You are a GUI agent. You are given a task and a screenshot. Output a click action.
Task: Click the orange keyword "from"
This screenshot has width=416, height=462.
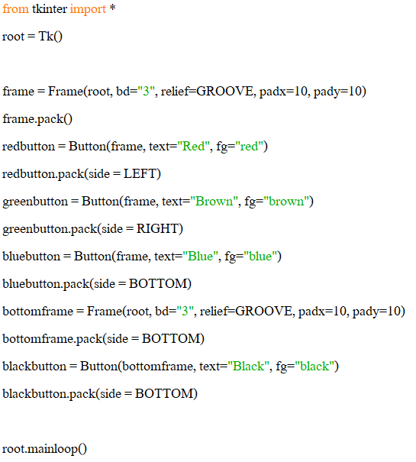[x=15, y=9]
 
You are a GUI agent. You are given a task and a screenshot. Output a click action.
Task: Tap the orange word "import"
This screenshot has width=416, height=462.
[x=88, y=9]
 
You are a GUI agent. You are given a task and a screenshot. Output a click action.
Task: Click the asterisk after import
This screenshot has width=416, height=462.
[x=112, y=8]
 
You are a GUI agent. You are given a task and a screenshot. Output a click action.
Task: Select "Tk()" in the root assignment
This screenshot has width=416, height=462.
[x=50, y=37]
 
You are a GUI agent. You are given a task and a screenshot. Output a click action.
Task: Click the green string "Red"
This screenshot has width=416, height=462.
[x=193, y=147]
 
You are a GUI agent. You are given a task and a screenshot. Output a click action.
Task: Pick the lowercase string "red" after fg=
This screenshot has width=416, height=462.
[x=249, y=147]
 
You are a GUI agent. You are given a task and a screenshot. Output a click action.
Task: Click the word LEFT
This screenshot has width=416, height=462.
[x=140, y=174]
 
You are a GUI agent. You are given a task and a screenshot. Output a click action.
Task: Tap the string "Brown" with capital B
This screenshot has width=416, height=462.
[x=214, y=202]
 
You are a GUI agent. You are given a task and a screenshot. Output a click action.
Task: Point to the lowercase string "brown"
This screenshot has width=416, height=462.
[x=285, y=202]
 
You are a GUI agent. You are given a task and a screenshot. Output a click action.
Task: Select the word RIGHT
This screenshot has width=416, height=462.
[x=157, y=229]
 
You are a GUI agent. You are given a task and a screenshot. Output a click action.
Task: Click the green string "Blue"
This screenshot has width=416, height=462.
[x=200, y=257]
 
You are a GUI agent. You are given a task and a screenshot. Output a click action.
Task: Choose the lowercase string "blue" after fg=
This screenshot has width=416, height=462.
[x=260, y=257]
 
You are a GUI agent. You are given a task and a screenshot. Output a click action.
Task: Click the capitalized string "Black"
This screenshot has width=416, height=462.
[x=248, y=367]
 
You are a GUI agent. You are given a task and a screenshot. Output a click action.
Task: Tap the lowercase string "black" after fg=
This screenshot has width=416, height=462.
[x=314, y=367]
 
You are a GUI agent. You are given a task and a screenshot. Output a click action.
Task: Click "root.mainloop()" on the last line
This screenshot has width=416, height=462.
[x=44, y=449]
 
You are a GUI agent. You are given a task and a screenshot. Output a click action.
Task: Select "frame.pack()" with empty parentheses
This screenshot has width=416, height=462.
[x=37, y=119]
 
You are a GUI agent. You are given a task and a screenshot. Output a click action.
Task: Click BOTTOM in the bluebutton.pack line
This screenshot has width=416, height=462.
[x=158, y=284]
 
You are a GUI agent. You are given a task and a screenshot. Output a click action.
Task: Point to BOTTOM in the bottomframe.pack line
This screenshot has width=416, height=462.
[x=171, y=339]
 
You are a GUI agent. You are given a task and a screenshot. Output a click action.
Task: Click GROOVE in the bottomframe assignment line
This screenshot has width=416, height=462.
[x=263, y=311]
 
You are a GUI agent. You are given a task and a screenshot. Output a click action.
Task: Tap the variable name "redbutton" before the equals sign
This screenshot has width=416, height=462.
[x=28, y=147]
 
